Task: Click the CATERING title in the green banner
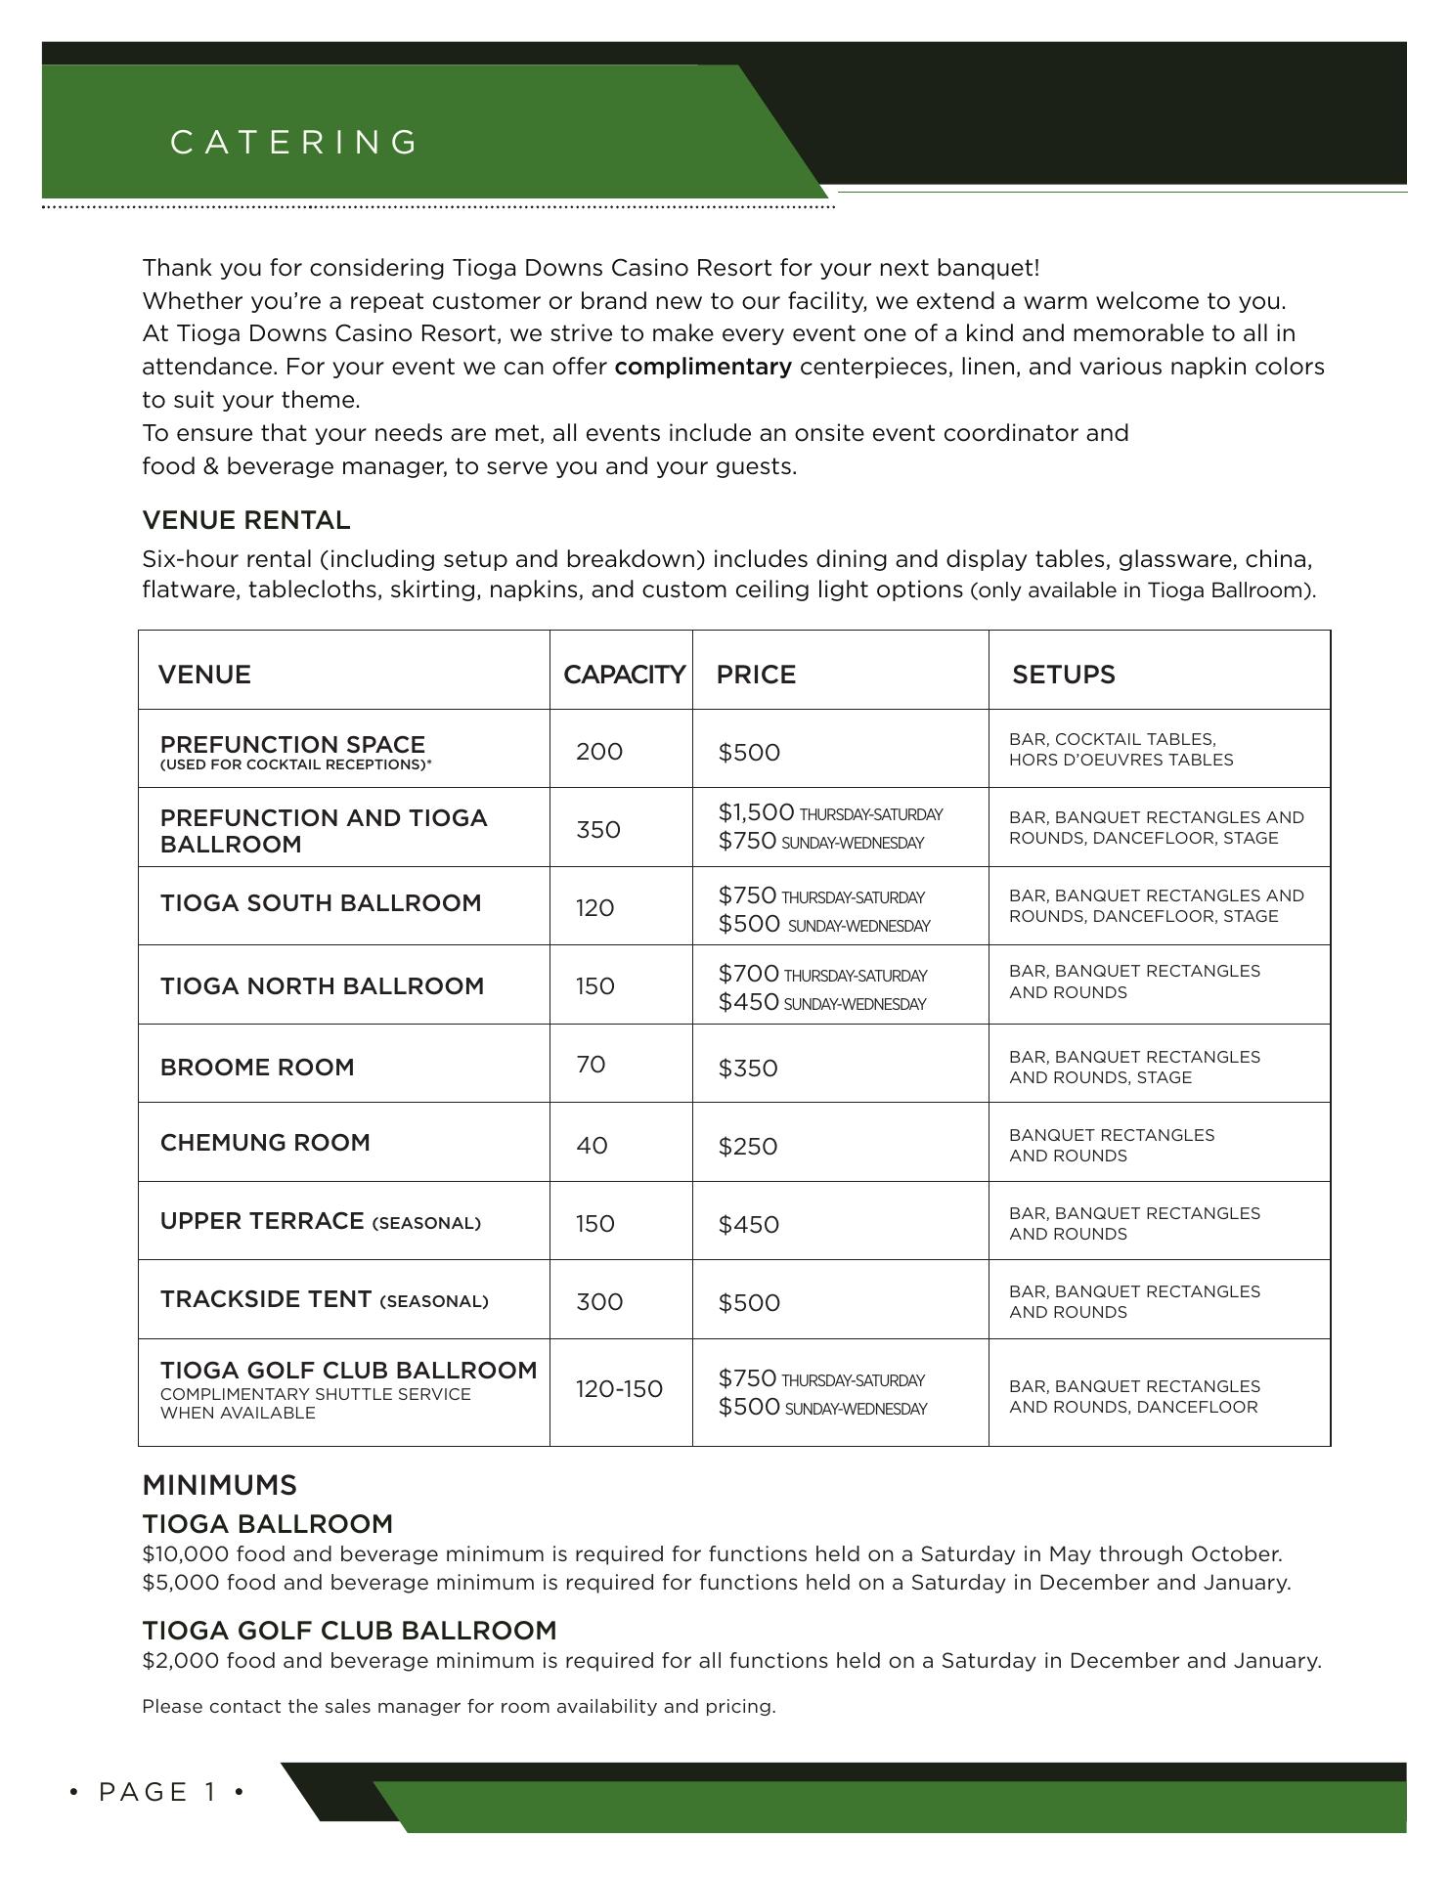[x=294, y=143]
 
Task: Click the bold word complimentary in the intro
[x=703, y=368]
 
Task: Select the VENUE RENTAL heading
[x=246, y=520]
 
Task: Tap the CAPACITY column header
[x=624, y=675]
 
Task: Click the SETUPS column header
[x=1063, y=675]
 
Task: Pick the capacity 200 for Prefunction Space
[x=598, y=752]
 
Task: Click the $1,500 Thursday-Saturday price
[x=756, y=812]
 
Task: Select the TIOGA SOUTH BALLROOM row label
[x=321, y=903]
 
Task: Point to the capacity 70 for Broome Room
[x=591, y=1065]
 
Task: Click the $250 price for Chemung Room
[x=748, y=1147]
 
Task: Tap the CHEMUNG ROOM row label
[x=265, y=1143]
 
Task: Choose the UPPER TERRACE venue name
[x=262, y=1221]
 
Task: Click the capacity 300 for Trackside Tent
[x=598, y=1302]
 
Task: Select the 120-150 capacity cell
[x=619, y=1389]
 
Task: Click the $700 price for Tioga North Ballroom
[x=749, y=974]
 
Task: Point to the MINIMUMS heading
[x=219, y=1485]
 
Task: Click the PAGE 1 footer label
[x=157, y=1792]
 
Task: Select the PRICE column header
[x=756, y=675]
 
